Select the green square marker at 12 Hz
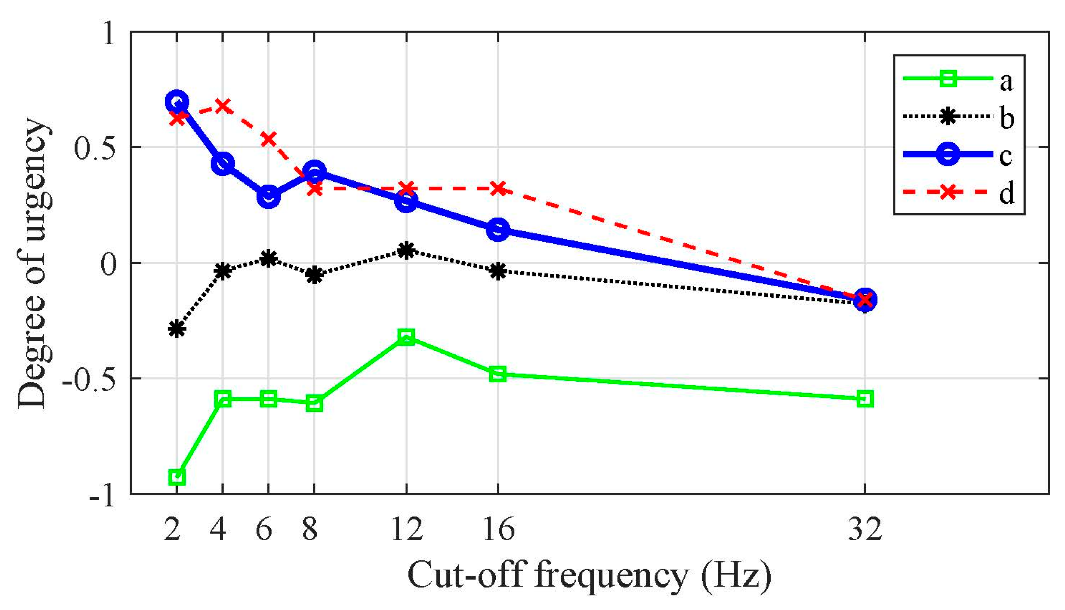coord(406,336)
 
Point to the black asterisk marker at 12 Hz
coord(406,250)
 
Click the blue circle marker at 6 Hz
coord(268,196)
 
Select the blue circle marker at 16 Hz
coord(498,229)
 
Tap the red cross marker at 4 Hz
coord(223,106)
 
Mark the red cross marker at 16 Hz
coord(498,189)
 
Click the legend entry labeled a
coord(959,79)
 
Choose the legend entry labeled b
coord(959,117)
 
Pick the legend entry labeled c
coord(959,155)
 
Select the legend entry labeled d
coord(959,193)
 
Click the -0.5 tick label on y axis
coord(89,379)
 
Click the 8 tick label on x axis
coord(310,529)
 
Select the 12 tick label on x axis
coord(407,529)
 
